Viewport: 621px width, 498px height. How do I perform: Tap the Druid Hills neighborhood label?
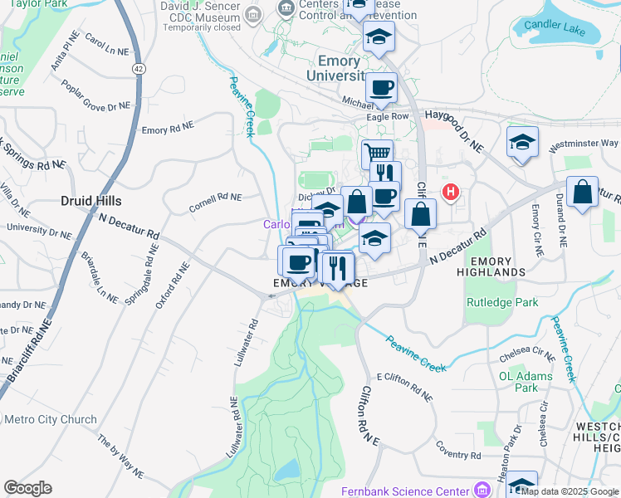coord(91,201)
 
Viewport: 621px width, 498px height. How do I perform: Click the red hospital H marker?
coord(451,193)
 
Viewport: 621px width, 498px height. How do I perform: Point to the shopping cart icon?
coord(378,154)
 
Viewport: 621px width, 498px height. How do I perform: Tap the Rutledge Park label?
coord(498,303)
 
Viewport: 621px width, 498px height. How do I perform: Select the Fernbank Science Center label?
coord(405,491)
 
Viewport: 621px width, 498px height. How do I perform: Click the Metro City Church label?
coord(51,419)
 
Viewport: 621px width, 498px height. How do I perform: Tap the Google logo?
coord(27,488)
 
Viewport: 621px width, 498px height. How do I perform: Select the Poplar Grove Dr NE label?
coord(96,95)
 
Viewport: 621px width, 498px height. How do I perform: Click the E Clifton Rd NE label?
coord(405,388)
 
